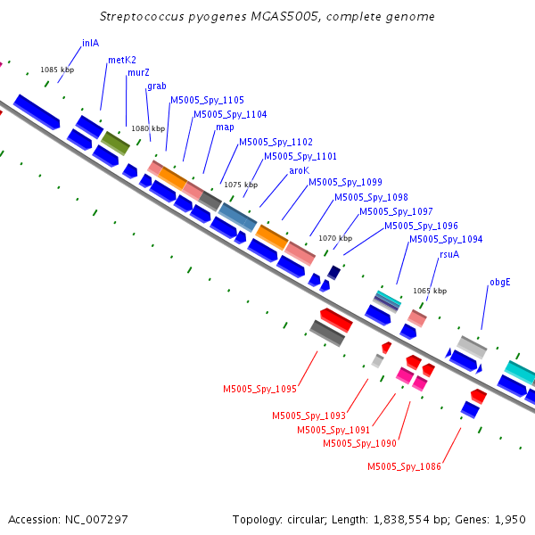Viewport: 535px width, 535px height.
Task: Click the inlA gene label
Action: click(90, 43)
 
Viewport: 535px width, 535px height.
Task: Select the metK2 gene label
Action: click(122, 60)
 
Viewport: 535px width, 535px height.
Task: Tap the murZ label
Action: click(138, 73)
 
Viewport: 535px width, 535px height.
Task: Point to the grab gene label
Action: click(157, 86)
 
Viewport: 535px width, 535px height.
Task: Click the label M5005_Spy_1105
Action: click(207, 100)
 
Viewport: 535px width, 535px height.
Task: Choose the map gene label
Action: click(225, 128)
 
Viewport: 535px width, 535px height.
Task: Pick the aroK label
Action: click(299, 170)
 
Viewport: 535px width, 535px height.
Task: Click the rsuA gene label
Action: click(449, 254)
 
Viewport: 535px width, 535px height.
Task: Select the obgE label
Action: click(500, 283)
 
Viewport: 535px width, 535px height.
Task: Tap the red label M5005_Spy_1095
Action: click(259, 390)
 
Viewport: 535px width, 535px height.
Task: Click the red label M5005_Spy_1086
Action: click(404, 466)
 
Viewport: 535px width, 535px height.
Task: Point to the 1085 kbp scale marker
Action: click(57, 70)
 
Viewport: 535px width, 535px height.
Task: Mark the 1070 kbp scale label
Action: click(335, 238)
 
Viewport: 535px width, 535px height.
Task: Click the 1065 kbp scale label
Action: click(430, 291)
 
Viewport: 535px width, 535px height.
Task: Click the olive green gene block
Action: click(116, 144)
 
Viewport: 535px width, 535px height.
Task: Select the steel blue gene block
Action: click(237, 218)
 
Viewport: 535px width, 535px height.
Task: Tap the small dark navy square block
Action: click(333, 273)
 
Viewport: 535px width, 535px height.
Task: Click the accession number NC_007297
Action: click(96, 520)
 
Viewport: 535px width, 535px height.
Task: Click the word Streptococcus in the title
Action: click(142, 17)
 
